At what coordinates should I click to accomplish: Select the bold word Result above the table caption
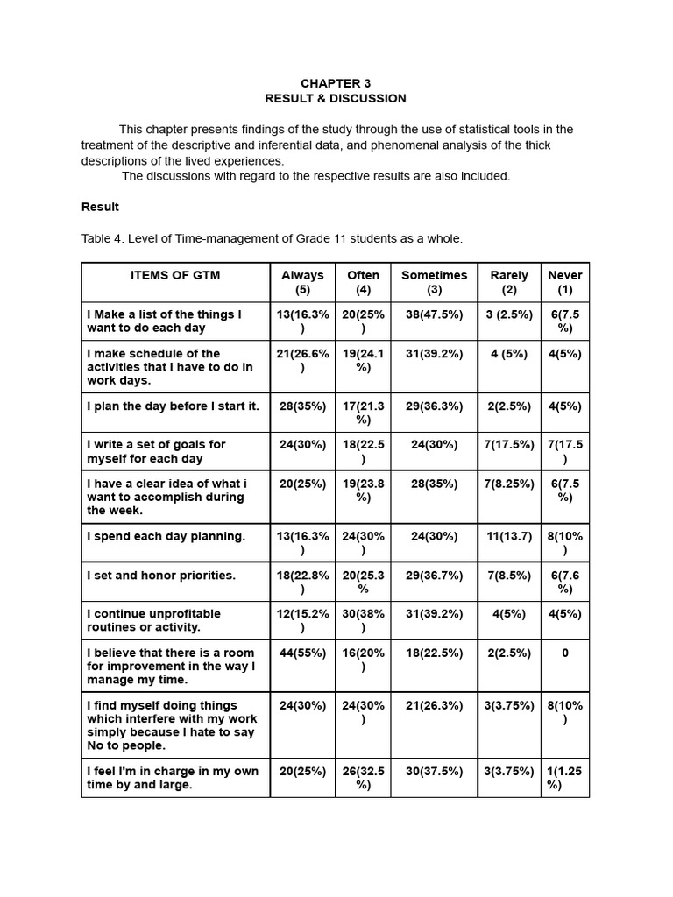click(100, 207)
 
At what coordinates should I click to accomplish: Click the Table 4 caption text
click(272, 238)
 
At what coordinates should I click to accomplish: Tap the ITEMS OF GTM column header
click(175, 275)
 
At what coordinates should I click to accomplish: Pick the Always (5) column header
click(302, 282)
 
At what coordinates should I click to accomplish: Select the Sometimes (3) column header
click(434, 282)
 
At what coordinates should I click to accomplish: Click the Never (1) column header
click(564, 282)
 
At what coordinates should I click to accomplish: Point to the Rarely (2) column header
click(509, 282)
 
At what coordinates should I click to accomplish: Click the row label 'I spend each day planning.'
click(166, 536)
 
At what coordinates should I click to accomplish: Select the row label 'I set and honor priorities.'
click(161, 575)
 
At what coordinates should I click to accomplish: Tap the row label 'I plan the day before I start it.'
click(173, 406)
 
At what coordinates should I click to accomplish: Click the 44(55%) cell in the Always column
click(302, 653)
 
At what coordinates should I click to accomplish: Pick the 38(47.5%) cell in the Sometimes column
click(434, 314)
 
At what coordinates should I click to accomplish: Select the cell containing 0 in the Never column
click(565, 653)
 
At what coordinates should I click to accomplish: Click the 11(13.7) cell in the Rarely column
click(509, 536)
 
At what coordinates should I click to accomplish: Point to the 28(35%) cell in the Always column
click(302, 406)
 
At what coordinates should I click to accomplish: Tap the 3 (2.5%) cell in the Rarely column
click(509, 314)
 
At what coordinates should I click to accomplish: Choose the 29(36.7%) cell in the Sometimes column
click(434, 575)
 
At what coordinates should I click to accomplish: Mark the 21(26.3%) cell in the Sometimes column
click(434, 705)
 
